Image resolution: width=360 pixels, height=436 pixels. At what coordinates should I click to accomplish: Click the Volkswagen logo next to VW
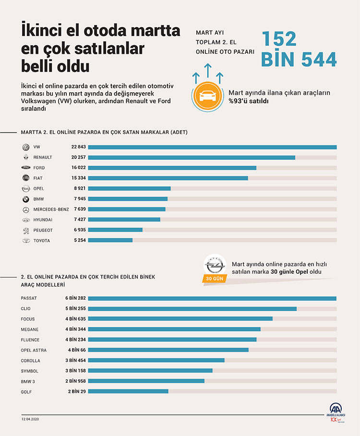coord(25,147)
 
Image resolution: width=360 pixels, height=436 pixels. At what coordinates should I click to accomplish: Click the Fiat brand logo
coord(25,178)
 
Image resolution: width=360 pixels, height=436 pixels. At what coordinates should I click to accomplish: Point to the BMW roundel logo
coord(25,199)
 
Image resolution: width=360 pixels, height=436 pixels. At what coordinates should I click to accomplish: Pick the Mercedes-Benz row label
coord(51,209)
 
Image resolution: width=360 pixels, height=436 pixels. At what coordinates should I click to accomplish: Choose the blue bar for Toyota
coord(110,240)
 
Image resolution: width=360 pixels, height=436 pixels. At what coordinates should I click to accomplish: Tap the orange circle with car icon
coord(207,97)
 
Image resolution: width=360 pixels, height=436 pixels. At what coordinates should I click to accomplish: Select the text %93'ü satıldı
coord(249,101)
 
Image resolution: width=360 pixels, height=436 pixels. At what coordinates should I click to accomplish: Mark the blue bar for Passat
coord(212,298)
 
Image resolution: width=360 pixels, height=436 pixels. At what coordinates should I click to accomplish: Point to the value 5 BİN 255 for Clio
coord(76,309)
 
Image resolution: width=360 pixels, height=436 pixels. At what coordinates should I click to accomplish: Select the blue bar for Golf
coord(128,391)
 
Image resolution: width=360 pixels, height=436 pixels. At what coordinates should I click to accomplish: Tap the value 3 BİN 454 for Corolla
coord(76,361)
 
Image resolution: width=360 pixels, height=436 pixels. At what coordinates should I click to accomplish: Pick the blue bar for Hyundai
coord(124,219)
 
